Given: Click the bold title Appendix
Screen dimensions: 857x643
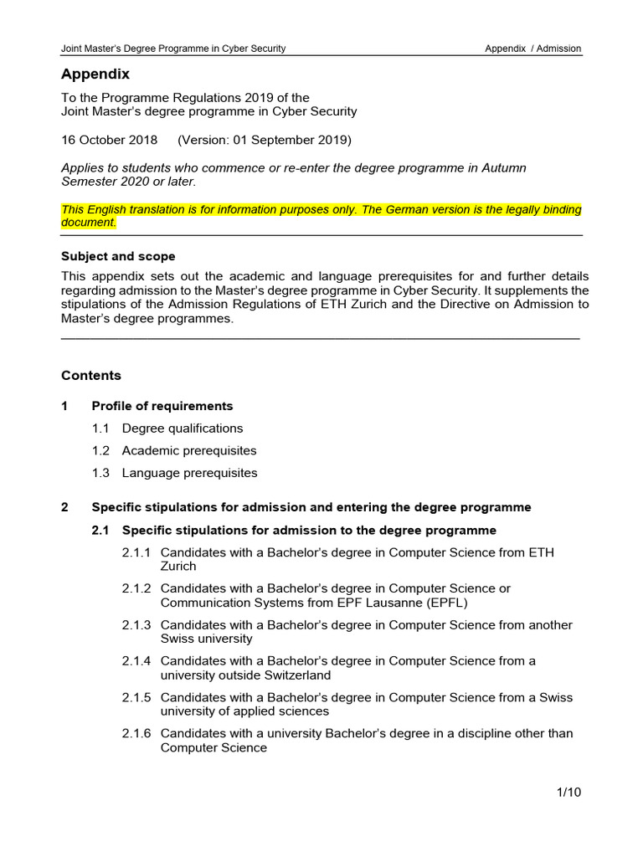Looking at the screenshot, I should pyautogui.click(x=95, y=74).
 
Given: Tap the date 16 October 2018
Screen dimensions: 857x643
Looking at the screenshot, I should pyautogui.click(x=110, y=139).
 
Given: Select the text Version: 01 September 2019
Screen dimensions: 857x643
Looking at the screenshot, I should pyautogui.click(x=265, y=139).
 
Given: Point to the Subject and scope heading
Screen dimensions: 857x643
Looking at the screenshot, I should pyautogui.click(x=118, y=256).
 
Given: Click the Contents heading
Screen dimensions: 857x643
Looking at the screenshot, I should pyautogui.click(x=91, y=376).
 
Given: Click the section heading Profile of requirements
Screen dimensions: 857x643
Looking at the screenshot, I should pyautogui.click(x=162, y=406).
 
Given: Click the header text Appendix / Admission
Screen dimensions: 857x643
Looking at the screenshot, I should pyautogui.click(x=532, y=49).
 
